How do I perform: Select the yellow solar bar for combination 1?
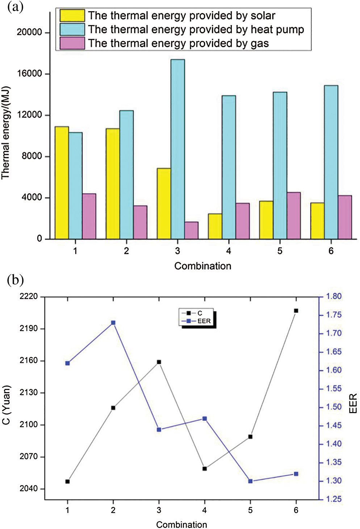62,183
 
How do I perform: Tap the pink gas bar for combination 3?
191,230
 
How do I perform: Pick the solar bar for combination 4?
215,226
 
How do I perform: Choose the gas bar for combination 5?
294,215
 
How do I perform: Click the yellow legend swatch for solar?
72,16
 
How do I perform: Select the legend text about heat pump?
196,29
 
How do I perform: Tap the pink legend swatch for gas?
72,43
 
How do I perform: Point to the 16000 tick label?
29,74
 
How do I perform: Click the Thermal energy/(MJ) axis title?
5,133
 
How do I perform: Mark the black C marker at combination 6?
296,311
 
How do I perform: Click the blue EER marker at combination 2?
113,323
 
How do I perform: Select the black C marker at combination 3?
159,362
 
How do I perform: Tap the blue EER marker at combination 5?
250,481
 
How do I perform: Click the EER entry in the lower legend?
203,321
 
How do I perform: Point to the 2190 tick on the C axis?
29,328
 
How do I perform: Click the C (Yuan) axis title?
6,405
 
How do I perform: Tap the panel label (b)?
15,280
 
